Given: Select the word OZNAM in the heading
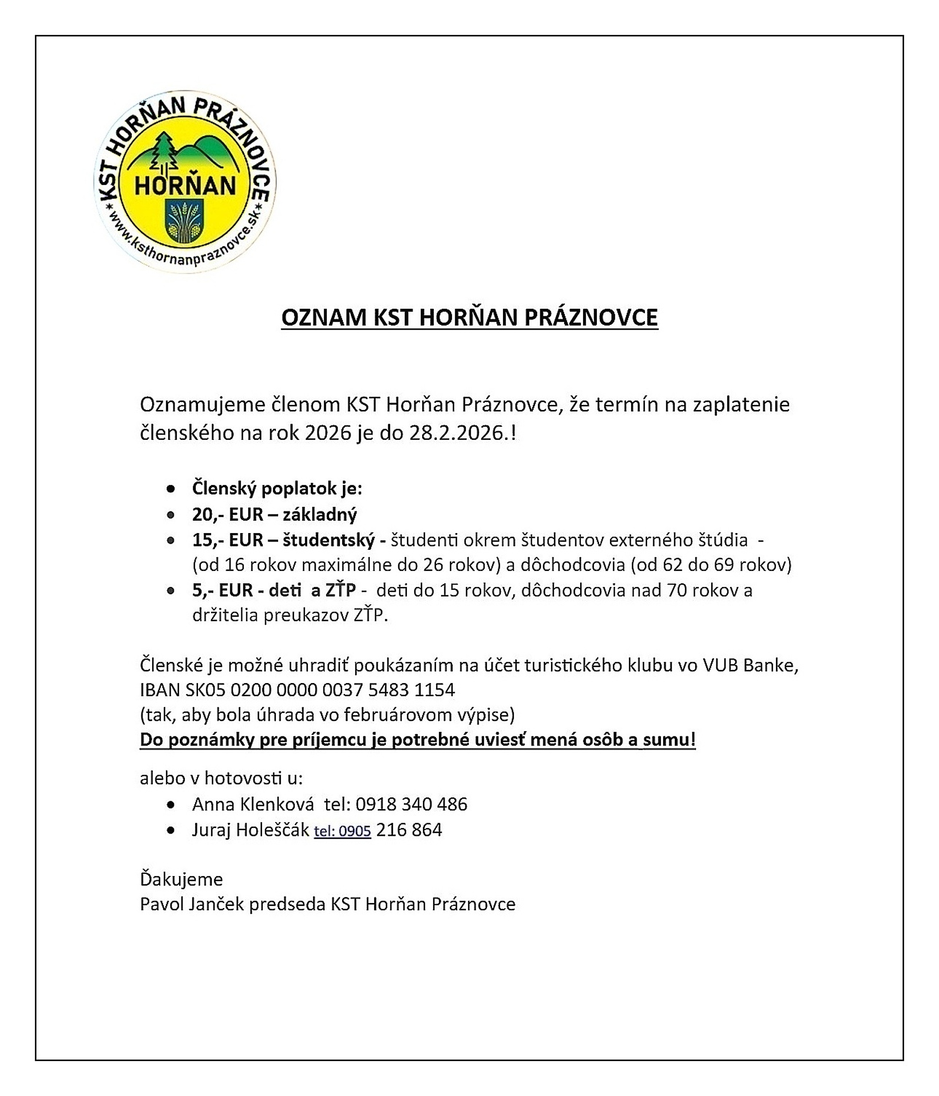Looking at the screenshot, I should click(x=324, y=317).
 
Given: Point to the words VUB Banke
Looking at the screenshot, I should click(x=750, y=665).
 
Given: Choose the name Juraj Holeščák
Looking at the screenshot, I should click(x=250, y=829).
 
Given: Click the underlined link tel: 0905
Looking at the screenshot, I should click(x=342, y=831).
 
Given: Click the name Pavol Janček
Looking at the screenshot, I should click(x=192, y=904).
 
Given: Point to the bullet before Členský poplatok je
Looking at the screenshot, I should click(x=170, y=489).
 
